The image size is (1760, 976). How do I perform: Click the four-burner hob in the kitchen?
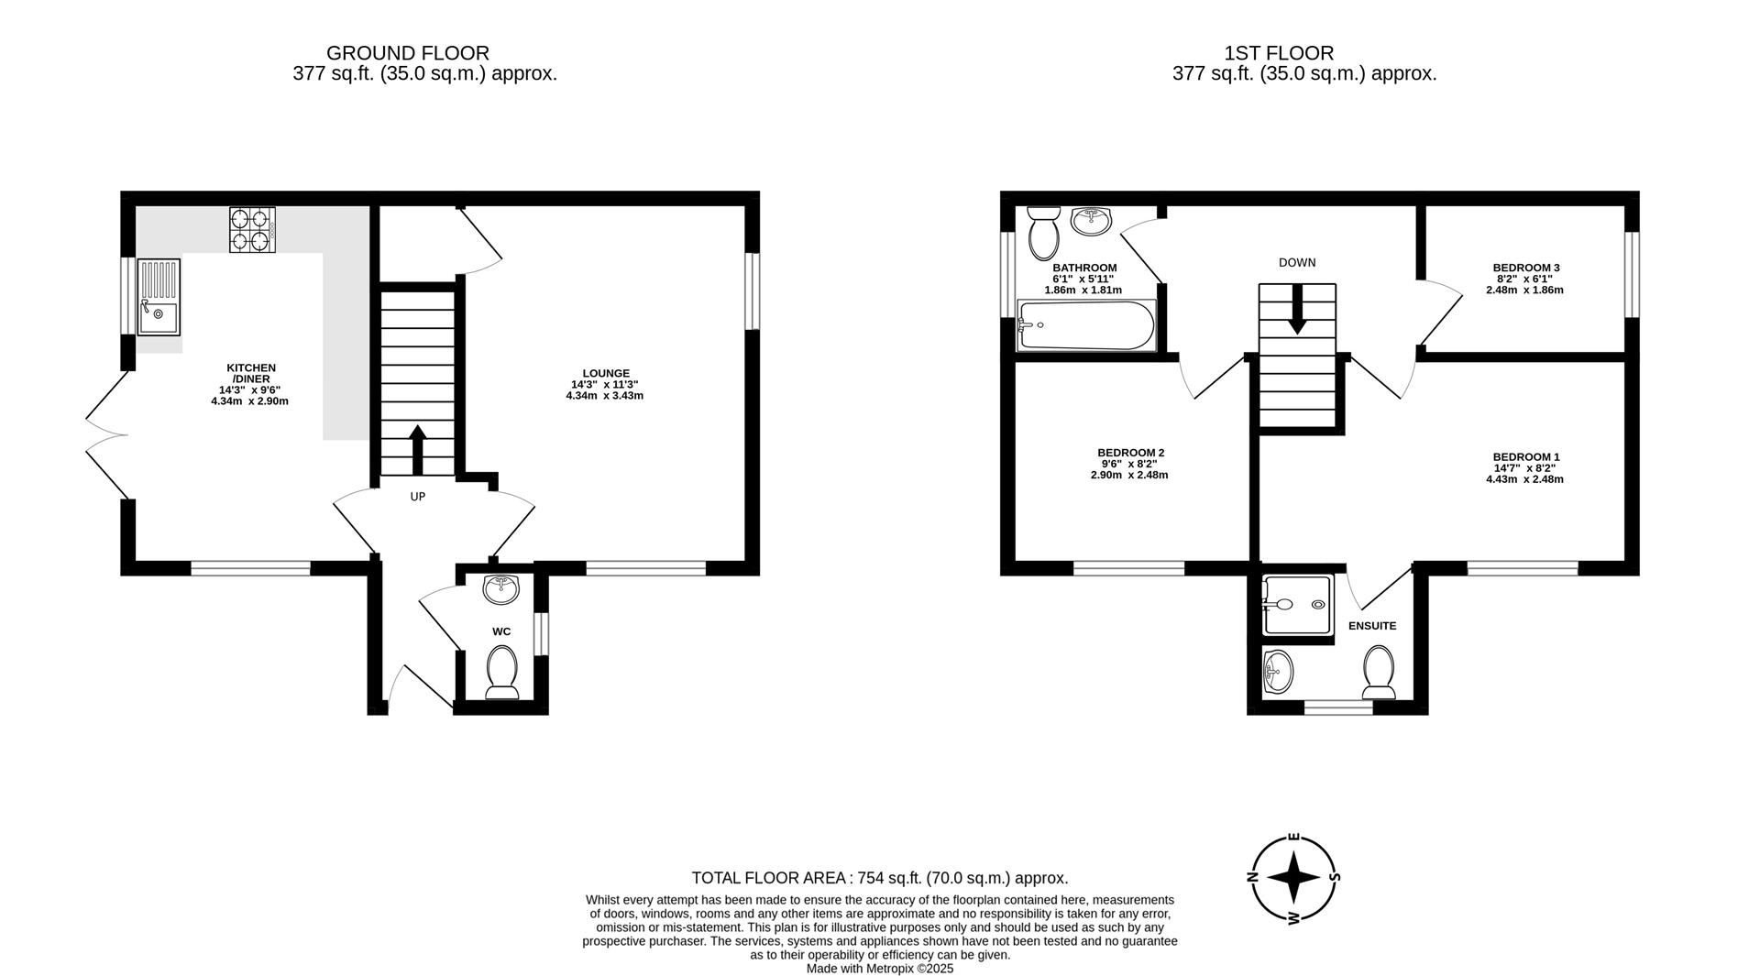pyautogui.click(x=252, y=230)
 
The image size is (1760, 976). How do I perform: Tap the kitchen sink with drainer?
pyautogui.click(x=159, y=297)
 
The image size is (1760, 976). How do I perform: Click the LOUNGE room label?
pyautogui.click(x=605, y=373)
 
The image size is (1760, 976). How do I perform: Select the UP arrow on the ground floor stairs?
pyautogui.click(x=417, y=449)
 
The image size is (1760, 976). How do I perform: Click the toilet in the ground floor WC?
pyautogui.click(x=501, y=672)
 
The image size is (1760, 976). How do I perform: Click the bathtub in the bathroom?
pyautogui.click(x=1086, y=325)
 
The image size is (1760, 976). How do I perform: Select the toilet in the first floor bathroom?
pyautogui.click(x=1044, y=233)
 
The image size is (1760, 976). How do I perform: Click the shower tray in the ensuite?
pyautogui.click(x=1296, y=605)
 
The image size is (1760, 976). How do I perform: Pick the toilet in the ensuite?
pyautogui.click(x=1379, y=673)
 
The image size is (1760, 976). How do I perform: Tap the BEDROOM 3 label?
pyautogui.click(x=1525, y=268)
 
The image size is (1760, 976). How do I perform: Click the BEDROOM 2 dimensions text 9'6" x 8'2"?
pyautogui.click(x=1129, y=464)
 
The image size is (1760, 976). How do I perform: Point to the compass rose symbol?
pyautogui.click(x=1293, y=878)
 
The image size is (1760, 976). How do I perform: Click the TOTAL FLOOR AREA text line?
pyautogui.click(x=879, y=878)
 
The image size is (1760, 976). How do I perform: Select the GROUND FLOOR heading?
pyautogui.click(x=408, y=53)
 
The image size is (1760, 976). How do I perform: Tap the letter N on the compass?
pyautogui.click(x=1252, y=876)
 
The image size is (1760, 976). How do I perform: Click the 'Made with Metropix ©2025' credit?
pyautogui.click(x=879, y=968)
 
